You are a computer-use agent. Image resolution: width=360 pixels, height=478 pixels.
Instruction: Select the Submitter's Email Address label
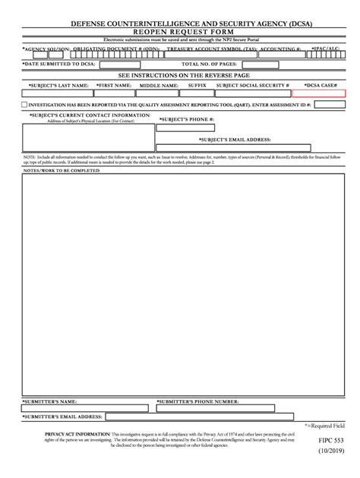point(62,417)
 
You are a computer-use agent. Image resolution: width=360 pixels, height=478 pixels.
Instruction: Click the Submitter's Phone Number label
point(199,401)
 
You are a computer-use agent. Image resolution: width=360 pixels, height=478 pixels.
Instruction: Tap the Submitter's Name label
point(49,401)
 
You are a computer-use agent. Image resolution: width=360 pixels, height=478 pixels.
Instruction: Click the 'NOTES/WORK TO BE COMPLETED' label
point(62,172)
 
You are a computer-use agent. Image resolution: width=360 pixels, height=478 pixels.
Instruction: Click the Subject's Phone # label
point(186,120)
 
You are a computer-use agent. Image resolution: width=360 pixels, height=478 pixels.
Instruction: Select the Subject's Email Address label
point(235,140)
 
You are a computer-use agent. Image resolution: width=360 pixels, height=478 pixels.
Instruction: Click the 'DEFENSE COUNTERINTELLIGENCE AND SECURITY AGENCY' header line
point(179,24)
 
